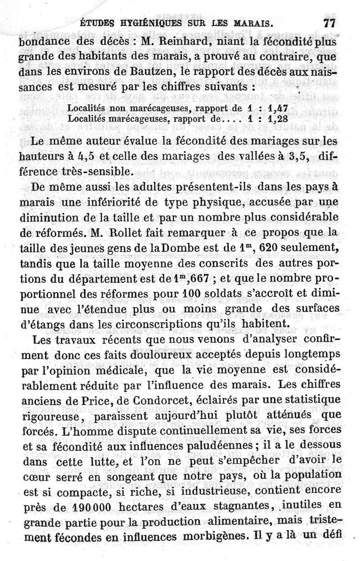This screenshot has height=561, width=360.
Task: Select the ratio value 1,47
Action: point(277,109)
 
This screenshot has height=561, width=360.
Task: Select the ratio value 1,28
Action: point(277,119)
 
